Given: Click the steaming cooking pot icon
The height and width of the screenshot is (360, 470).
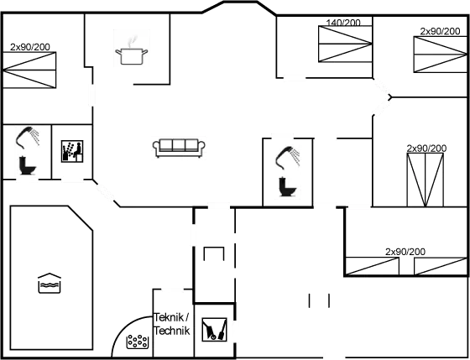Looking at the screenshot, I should tap(132, 49).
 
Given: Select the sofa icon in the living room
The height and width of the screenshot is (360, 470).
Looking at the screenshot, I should tap(178, 147).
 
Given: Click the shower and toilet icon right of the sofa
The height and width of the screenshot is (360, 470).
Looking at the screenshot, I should tap(288, 170).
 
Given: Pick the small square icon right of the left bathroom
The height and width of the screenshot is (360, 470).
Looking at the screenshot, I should tap(71, 150).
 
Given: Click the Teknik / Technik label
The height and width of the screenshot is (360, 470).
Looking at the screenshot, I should tap(173, 324).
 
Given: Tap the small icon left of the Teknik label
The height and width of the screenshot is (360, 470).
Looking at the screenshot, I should tap(135, 340).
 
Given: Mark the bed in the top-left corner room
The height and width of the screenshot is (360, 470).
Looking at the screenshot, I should tap(30, 68).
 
